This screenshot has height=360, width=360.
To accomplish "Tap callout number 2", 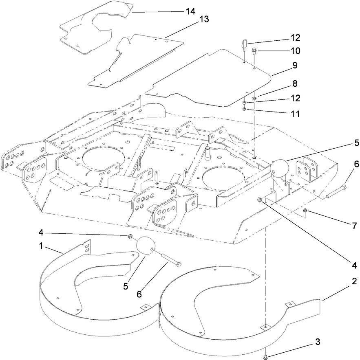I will (x=354, y=281).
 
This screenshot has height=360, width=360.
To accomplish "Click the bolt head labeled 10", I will (x=254, y=50).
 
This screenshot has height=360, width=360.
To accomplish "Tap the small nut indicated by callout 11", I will (x=244, y=108).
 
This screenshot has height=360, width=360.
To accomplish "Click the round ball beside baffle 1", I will (x=146, y=246).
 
